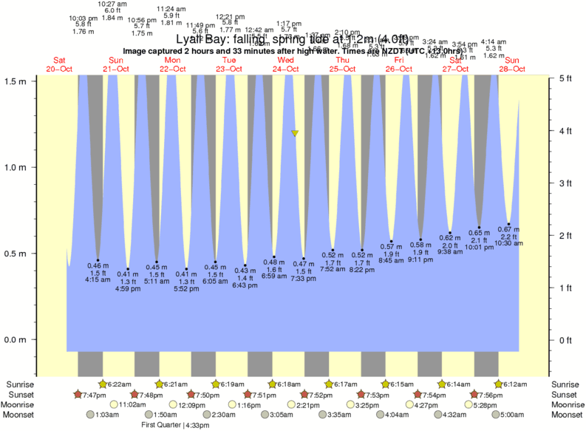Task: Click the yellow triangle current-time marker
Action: (x=295, y=133)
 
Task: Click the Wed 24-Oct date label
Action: (x=286, y=64)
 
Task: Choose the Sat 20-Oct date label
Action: (x=59, y=64)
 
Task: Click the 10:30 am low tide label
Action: (x=508, y=243)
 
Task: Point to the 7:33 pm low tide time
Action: (x=304, y=279)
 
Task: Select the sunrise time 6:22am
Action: (x=120, y=384)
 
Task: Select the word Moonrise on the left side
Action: (x=21, y=405)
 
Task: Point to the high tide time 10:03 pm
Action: (x=83, y=18)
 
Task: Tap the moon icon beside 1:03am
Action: (x=91, y=415)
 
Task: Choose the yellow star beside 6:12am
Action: (x=499, y=384)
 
